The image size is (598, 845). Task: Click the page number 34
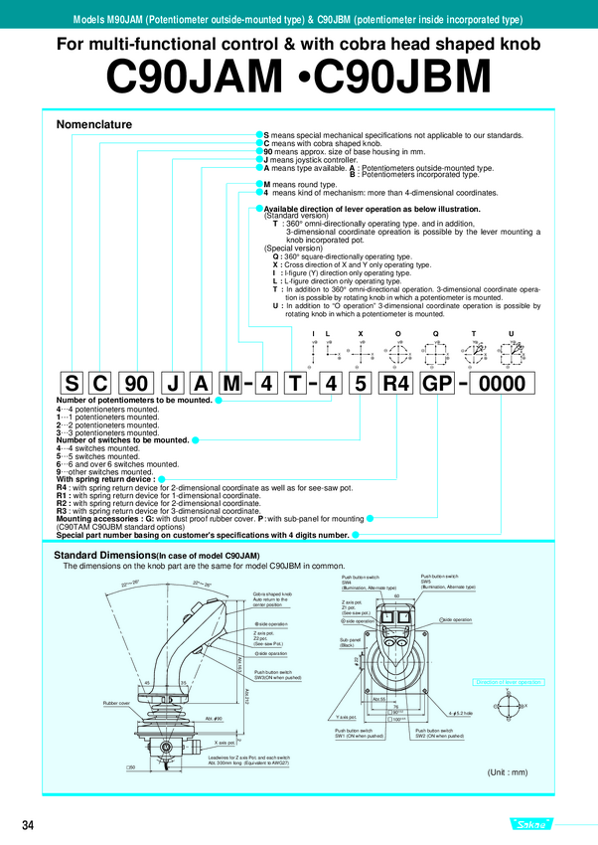(x=28, y=824)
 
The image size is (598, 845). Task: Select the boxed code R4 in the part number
(x=394, y=383)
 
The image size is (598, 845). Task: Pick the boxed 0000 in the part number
(x=506, y=383)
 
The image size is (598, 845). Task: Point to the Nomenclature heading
(x=94, y=124)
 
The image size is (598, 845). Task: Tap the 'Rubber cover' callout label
(x=117, y=703)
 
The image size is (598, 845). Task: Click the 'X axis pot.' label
(x=224, y=742)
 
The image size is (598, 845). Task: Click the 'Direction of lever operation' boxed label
(x=509, y=682)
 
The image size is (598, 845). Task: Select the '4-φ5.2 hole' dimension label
(x=458, y=714)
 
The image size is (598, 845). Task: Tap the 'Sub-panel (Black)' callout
(x=348, y=642)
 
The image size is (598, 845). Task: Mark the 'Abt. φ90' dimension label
(x=213, y=718)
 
